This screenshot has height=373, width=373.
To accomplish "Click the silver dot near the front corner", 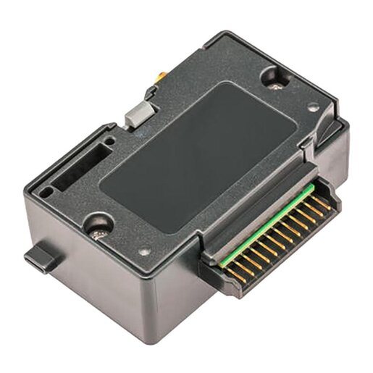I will click(144, 252).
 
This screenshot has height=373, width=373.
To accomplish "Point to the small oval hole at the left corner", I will click(46, 193).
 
